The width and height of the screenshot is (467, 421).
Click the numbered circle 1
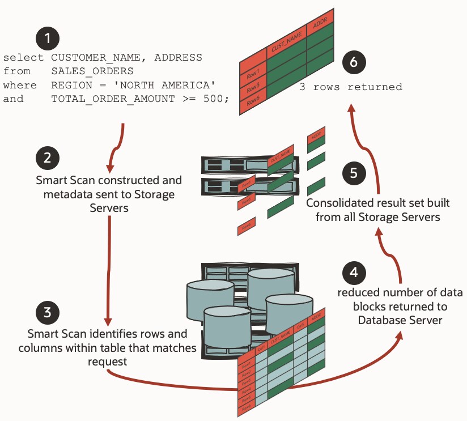(48, 39)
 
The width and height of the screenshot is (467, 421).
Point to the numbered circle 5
(354, 173)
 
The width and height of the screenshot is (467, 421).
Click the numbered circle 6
(354, 63)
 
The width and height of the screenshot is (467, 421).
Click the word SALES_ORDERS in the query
(92, 71)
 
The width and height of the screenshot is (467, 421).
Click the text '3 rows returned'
(351, 87)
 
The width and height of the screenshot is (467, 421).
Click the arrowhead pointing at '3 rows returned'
(352, 108)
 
